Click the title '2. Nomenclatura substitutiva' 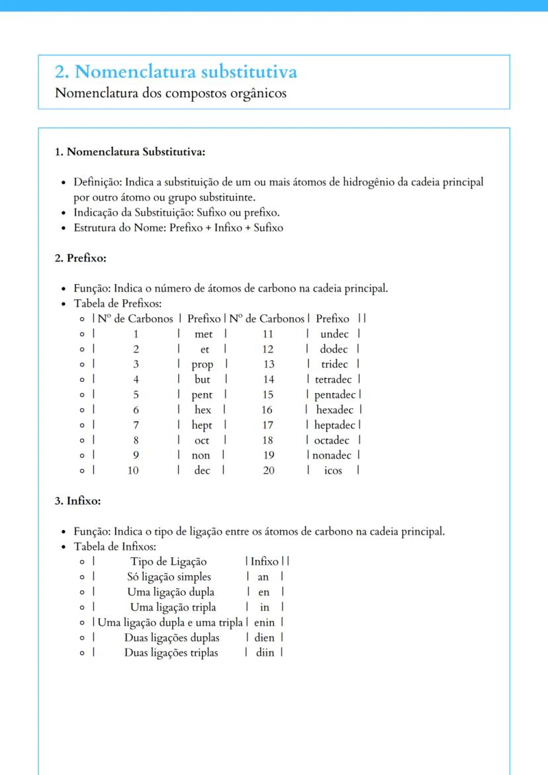coord(175,71)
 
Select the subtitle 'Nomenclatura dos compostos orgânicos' coord(171,93)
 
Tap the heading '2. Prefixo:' coord(80,258)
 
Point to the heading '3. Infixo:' coord(77,501)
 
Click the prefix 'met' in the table coord(204,334)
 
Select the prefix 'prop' coord(203,365)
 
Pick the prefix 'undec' coord(334,334)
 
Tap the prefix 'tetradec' coord(334,380)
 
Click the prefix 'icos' coord(333,471)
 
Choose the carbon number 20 coord(268,471)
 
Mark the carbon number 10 coord(133,471)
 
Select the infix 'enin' coord(264,623)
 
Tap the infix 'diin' coord(265,653)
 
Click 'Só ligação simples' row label coord(169,577)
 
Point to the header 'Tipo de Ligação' coord(168,562)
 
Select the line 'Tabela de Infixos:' coord(114,547)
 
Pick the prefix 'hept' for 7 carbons coord(202,426)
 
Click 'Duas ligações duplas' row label coord(171,638)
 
